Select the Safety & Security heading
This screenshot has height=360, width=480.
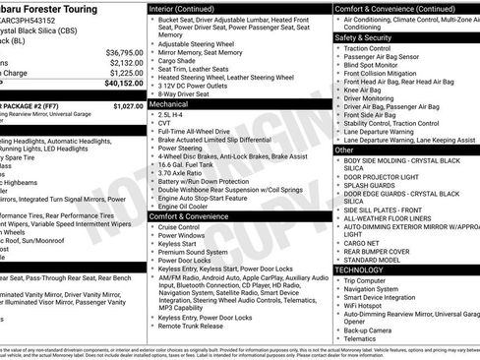[x=365, y=37]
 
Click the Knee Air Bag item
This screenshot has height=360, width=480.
[x=369, y=90]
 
